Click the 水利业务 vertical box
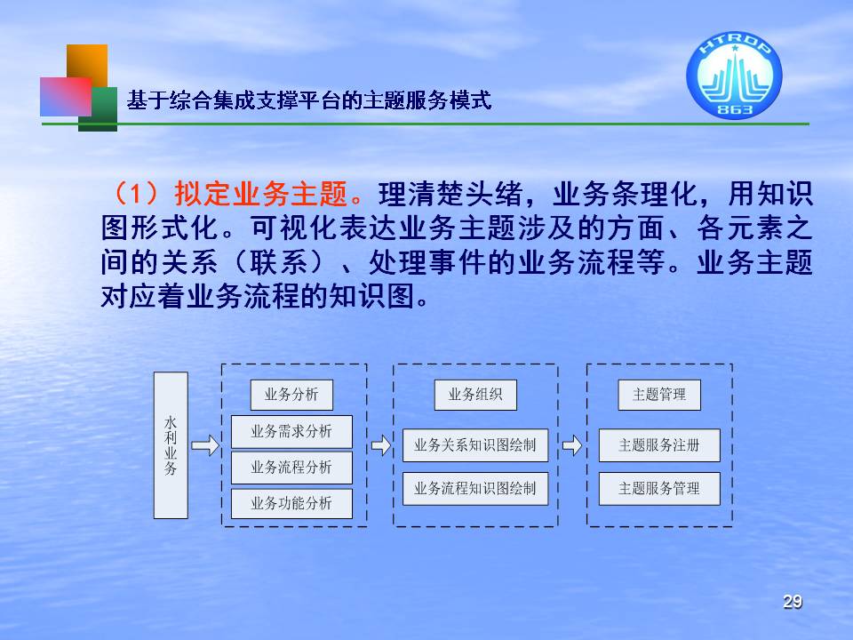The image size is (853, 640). [x=171, y=445]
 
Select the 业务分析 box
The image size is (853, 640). [x=291, y=395]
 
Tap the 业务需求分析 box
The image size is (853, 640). [x=291, y=432]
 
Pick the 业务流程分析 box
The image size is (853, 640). [x=291, y=468]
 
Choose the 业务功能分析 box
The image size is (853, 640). [x=291, y=503]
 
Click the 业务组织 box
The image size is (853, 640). [x=475, y=395]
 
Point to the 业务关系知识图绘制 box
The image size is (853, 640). [x=475, y=445]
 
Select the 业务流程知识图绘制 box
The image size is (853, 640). [x=475, y=489]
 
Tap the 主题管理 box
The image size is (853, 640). [x=659, y=395]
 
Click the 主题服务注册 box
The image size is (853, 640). [x=659, y=445]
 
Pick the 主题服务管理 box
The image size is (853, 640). [x=659, y=489]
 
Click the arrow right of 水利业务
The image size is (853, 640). [x=205, y=445]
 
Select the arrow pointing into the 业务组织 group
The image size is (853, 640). [x=381, y=445]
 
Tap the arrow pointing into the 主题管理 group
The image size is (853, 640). [x=571, y=445]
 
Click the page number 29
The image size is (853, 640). [x=793, y=602]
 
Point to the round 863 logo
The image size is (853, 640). [x=734, y=75]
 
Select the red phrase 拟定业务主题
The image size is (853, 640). [x=260, y=193]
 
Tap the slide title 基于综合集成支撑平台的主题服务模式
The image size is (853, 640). [x=309, y=100]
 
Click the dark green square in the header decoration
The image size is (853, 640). [x=99, y=108]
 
